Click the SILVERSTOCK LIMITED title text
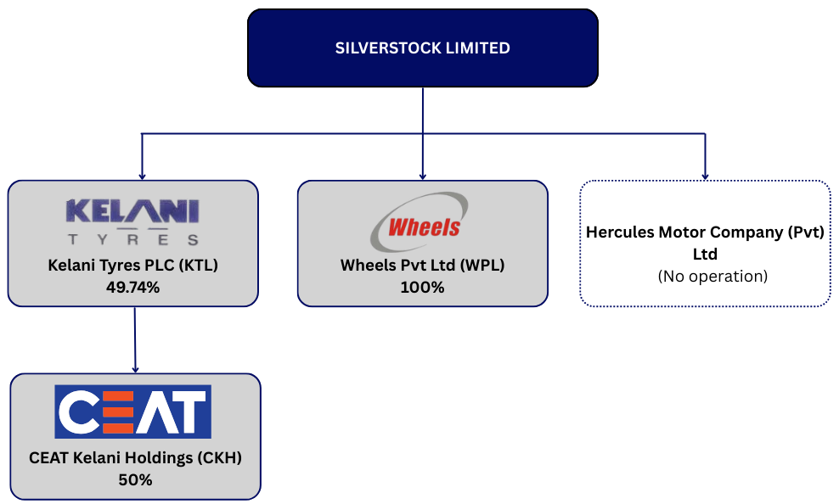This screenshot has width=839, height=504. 423,48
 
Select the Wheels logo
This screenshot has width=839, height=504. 422,222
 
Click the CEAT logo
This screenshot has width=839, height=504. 132,412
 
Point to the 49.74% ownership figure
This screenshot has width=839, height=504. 133,287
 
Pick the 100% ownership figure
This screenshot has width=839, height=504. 423,287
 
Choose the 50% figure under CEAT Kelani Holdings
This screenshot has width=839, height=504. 135,479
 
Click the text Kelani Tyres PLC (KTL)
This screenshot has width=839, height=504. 133,266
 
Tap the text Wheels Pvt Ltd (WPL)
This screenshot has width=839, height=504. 423,266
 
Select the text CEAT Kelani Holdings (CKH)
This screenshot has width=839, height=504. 135,458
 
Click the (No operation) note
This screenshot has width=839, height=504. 705,276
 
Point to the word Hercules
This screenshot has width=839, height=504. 621,232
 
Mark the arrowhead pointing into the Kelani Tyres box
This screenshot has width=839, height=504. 141,176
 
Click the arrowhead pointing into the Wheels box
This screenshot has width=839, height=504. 423,176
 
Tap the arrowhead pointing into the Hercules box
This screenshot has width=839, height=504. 705,176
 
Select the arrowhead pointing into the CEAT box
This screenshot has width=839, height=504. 135,369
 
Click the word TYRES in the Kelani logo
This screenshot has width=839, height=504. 133,239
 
